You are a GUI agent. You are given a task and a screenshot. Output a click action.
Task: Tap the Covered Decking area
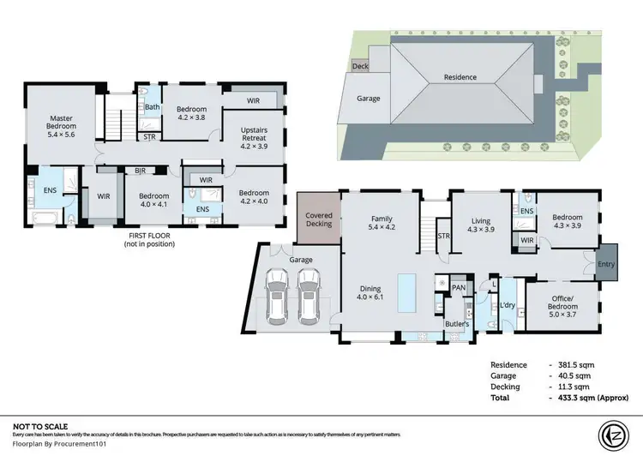[318, 219]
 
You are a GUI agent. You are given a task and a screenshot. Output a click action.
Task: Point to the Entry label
[606, 264]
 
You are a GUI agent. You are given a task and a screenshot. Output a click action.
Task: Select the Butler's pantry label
[456, 325]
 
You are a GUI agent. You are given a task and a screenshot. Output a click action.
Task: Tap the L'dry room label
[507, 306]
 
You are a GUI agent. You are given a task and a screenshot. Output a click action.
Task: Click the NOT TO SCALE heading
[39, 426]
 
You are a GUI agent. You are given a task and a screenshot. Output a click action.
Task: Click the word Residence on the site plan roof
[460, 77]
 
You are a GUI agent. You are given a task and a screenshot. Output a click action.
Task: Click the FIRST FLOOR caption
[150, 235]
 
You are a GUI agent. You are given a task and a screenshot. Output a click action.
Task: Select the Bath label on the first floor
[152, 107]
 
